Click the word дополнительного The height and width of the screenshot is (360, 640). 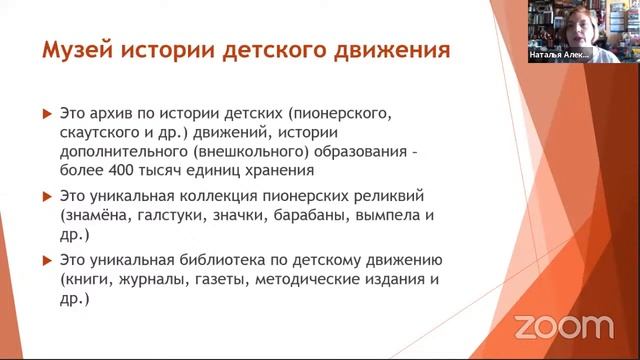tap(125, 155)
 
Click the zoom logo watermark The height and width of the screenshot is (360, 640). tap(563, 326)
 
